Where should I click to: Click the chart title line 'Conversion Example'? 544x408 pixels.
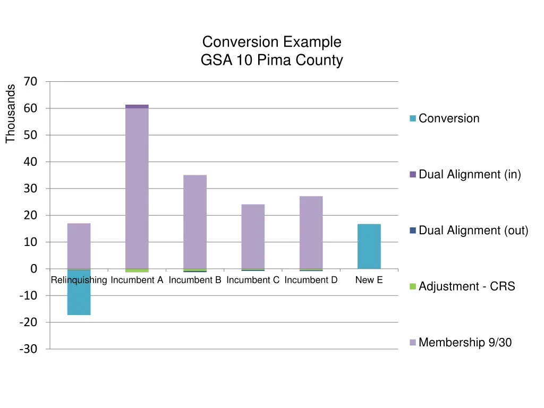coord(271,41)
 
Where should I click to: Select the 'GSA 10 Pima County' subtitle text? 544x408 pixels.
coord(271,60)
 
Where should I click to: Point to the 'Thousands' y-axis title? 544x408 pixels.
coord(11,114)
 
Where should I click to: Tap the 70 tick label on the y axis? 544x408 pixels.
coord(30,82)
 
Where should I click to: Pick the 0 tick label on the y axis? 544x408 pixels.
coord(33,269)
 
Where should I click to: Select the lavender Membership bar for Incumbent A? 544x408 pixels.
coord(137,189)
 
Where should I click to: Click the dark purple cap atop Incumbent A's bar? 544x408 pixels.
coord(137,106)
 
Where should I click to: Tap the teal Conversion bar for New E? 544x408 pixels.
coord(369,246)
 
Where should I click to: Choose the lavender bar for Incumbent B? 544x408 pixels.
coord(195,222)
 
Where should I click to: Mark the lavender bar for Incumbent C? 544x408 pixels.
coord(253,236)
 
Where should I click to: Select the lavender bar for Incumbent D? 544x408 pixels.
coord(311,233)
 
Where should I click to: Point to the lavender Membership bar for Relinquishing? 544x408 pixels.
coord(79,246)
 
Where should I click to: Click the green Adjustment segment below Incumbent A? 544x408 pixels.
coord(137,270)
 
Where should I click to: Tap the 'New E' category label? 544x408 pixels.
coord(369,280)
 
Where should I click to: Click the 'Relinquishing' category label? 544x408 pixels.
coord(79,280)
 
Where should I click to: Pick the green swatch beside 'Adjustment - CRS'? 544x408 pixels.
coord(413,287)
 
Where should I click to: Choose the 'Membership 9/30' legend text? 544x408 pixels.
coord(465,343)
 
